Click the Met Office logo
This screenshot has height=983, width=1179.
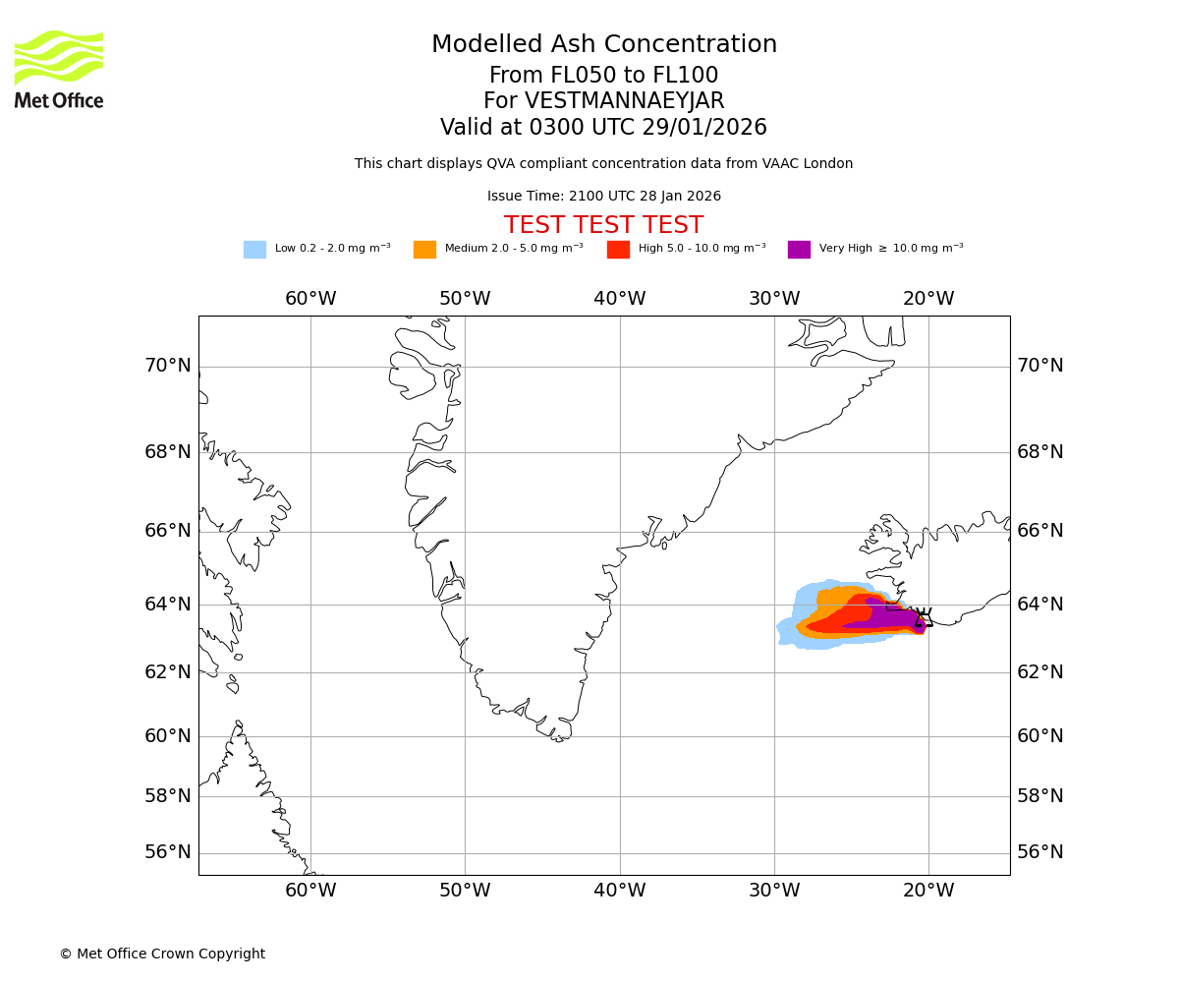[59, 69]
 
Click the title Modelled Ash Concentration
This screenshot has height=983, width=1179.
[603, 45]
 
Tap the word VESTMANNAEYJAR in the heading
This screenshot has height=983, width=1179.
[625, 101]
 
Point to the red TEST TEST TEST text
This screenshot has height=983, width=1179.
[603, 226]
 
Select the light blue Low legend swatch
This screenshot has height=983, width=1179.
[254, 250]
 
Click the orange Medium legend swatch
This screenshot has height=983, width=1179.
[424, 250]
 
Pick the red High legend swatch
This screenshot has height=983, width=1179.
[618, 250]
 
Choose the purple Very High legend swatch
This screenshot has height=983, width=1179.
[799, 250]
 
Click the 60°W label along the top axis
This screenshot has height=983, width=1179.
[310, 299]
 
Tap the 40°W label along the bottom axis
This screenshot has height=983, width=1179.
[619, 891]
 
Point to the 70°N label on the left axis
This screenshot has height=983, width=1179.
[168, 366]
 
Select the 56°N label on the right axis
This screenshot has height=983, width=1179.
[1040, 852]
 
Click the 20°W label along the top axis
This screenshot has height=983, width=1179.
[928, 299]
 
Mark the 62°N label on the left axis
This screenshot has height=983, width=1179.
[168, 672]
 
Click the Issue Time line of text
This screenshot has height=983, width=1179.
[603, 197]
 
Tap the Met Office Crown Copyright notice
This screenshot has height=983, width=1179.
[162, 954]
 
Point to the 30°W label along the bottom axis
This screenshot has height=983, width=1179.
[774, 891]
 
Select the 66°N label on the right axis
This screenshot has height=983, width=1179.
[1040, 531]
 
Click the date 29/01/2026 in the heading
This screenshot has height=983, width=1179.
[704, 128]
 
